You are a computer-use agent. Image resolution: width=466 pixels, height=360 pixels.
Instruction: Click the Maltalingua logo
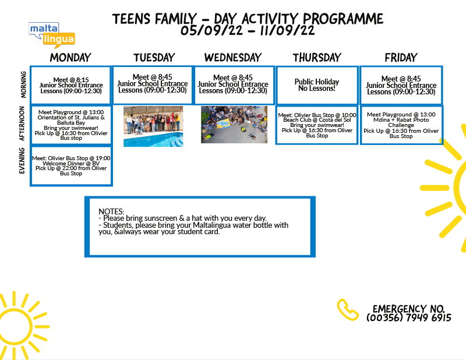pos(52,35)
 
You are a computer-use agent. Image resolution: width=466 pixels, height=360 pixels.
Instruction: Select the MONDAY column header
pos(70,57)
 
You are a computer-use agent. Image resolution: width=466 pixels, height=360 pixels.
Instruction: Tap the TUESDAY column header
pos(154,57)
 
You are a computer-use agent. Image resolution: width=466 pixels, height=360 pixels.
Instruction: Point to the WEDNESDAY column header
pos(232,57)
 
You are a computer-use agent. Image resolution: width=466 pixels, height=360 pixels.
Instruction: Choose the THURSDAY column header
pos(317,57)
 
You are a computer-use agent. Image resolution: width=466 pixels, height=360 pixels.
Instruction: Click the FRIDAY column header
pos(401,57)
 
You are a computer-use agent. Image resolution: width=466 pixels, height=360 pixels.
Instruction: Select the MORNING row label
pos(23,84)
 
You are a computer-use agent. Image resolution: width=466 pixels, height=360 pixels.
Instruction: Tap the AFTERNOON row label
pos(22,123)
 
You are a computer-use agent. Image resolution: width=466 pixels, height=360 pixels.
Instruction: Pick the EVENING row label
pos(22,161)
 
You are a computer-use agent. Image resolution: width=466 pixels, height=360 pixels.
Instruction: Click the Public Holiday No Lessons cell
pos(317,85)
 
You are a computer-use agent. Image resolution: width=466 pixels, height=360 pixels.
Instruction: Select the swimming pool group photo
pos(153,126)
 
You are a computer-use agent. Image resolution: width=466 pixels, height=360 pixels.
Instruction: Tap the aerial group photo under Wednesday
pos(234,125)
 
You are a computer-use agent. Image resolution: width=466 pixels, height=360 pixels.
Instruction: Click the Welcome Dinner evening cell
pos(71,166)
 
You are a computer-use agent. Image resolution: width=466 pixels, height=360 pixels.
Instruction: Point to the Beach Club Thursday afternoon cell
pos(317,125)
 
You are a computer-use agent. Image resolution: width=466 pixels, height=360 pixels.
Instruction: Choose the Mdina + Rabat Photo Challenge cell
pos(401,125)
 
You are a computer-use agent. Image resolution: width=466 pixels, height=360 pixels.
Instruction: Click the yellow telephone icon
pos(347,310)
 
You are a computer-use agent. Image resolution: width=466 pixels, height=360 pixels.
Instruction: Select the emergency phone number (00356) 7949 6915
pos(409,318)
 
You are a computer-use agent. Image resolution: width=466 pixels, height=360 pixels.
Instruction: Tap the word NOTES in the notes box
pos(111,211)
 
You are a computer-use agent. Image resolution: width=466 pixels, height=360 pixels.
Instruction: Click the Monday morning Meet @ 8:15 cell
pos(71,85)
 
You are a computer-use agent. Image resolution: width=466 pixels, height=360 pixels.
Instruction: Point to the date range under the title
pos(248,30)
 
